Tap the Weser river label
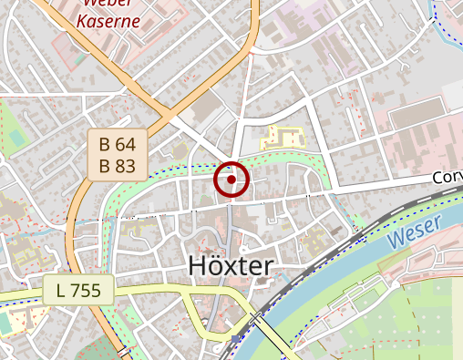[x=412, y=234]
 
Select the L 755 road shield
[x=77, y=292]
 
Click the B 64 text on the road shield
[x=118, y=144]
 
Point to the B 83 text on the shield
[x=118, y=165]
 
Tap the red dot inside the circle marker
[x=231, y=180]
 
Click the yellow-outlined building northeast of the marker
[x=283, y=139]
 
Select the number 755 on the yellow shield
[x=87, y=292]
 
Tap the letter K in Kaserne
[x=82, y=20]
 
